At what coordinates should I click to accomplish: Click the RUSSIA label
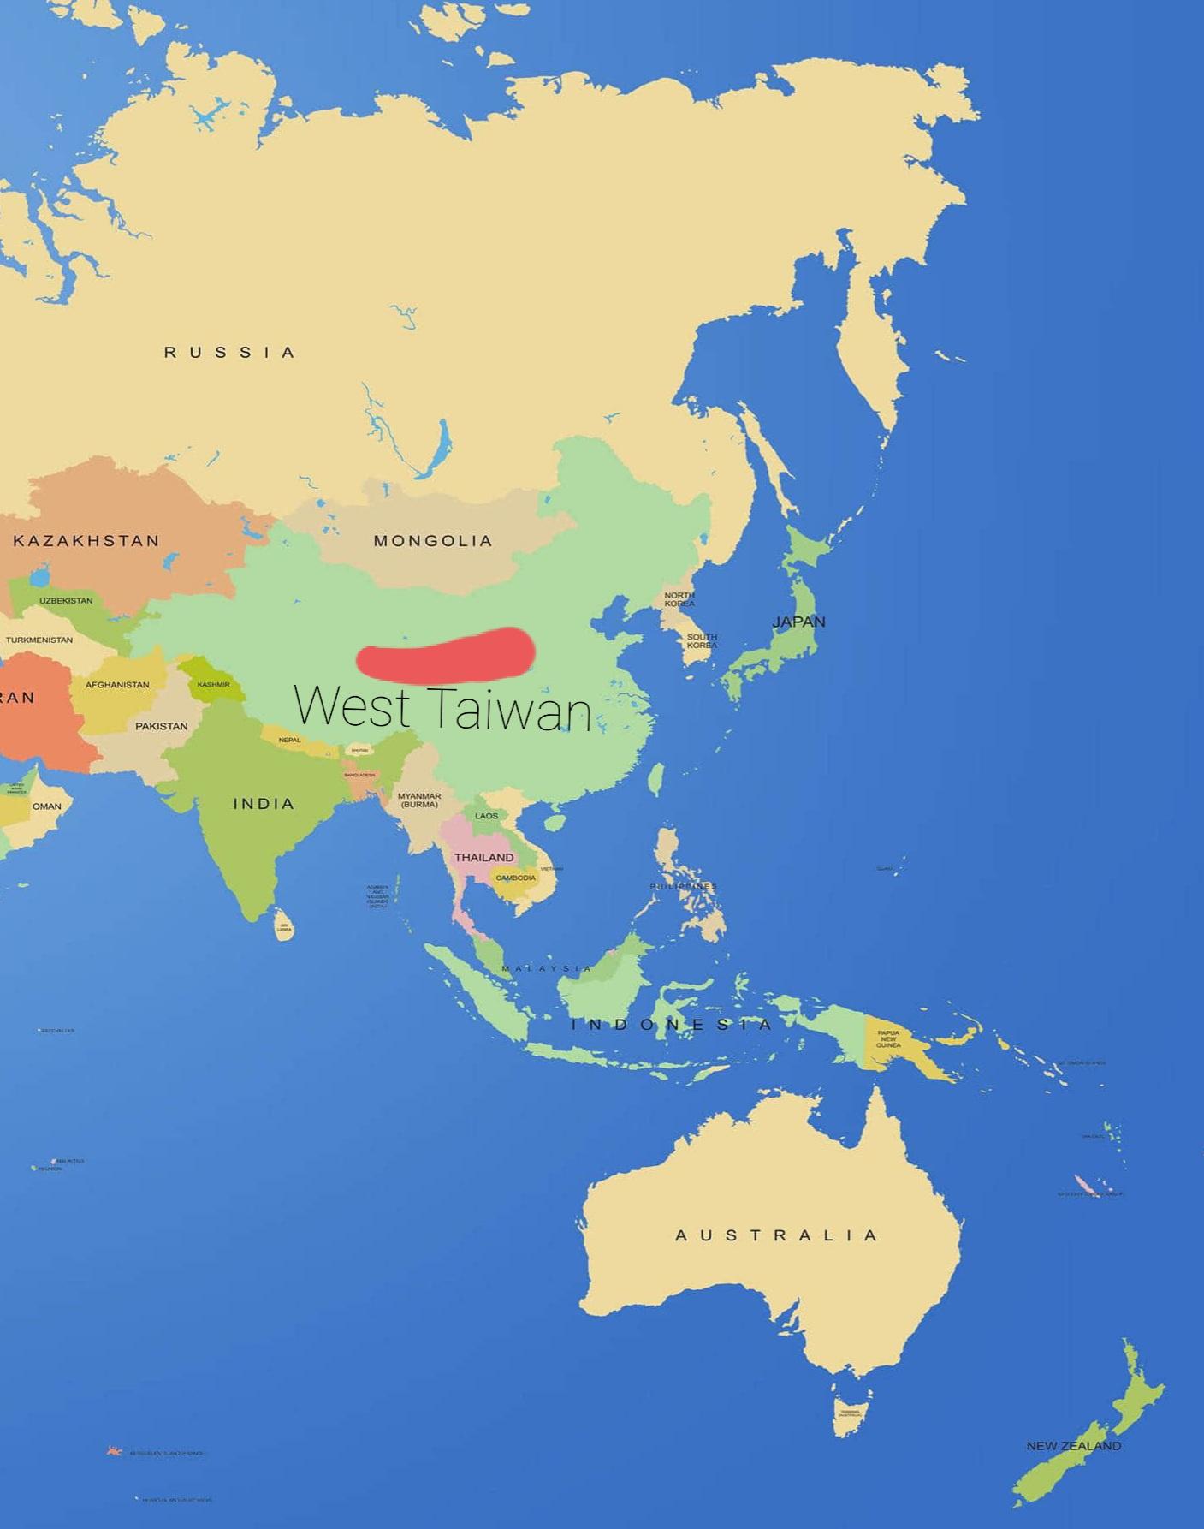click(x=229, y=352)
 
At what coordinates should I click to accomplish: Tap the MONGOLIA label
click(x=432, y=540)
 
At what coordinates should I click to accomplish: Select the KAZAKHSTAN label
click(x=86, y=540)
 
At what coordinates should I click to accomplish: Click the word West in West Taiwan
click(x=351, y=707)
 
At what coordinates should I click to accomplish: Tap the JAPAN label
click(x=798, y=622)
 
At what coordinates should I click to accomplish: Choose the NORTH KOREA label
click(x=679, y=598)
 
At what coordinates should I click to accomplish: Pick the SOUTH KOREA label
click(x=702, y=640)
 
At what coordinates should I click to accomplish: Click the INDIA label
click(x=264, y=803)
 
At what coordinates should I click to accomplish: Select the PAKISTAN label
click(x=161, y=726)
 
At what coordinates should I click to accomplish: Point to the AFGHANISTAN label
click(x=117, y=685)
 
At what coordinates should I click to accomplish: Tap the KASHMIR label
click(x=213, y=684)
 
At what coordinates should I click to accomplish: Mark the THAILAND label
click(x=484, y=857)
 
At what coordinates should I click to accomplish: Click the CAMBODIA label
click(x=516, y=878)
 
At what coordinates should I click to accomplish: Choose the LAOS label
click(x=487, y=816)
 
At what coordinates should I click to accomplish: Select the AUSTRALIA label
click(x=776, y=1235)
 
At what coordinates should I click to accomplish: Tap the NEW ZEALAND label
click(x=1073, y=1445)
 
